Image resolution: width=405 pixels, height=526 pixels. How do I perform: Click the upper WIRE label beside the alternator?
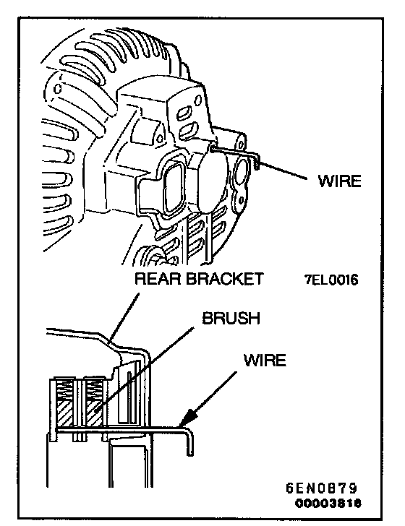pyautogui.click(x=339, y=181)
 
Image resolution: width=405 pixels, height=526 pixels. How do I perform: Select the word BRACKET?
pyautogui.click(x=225, y=279)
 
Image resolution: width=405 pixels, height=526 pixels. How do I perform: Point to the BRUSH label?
pyautogui.click(x=231, y=318)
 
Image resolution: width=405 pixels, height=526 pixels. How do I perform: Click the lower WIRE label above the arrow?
pyautogui.click(x=265, y=360)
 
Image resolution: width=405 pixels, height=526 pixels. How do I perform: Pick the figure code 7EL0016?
pyautogui.click(x=331, y=280)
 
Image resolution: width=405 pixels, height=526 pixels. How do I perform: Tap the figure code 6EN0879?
pyautogui.click(x=322, y=488)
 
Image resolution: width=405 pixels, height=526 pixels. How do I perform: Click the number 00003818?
pyautogui.click(x=328, y=504)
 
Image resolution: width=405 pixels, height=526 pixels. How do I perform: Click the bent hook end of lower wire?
pyautogui.click(x=189, y=439)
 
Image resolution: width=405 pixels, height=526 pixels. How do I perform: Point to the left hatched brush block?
pyautogui.click(x=66, y=413)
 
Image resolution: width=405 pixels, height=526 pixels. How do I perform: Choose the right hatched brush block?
pyautogui.click(x=94, y=413)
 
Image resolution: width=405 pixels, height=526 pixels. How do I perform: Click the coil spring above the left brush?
pyautogui.click(x=66, y=389)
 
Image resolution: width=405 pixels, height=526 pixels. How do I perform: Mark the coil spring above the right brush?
pyautogui.click(x=94, y=389)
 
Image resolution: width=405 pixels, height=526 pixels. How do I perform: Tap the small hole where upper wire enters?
pyautogui.click(x=213, y=148)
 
